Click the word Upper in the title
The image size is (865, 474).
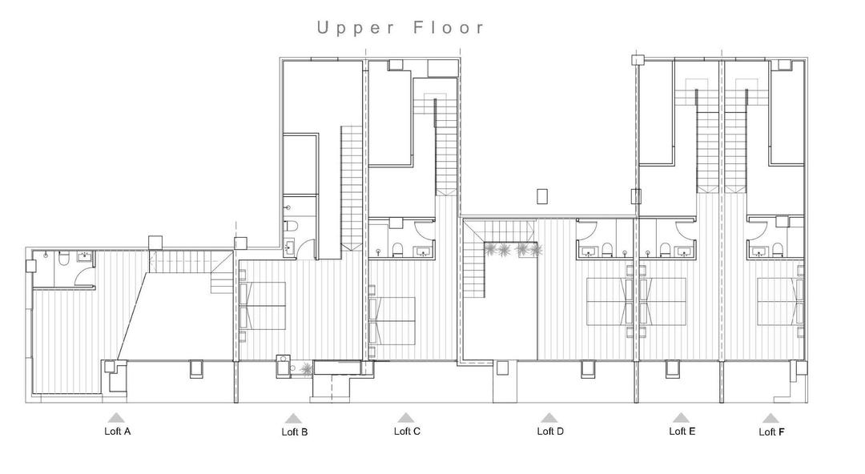pyautogui.click(x=356, y=28)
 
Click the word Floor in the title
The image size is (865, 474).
pyautogui.click(x=449, y=28)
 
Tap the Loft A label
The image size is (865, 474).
pyautogui.click(x=117, y=432)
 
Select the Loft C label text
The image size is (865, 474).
pyautogui.click(x=407, y=431)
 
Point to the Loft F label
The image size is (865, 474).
pyautogui.click(x=771, y=432)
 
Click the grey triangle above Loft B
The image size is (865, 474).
pyautogui.click(x=293, y=418)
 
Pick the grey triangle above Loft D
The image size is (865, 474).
pyautogui.click(x=549, y=417)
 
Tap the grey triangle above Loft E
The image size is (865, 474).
pyautogui.click(x=681, y=417)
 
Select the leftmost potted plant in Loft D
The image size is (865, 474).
pyautogui.click(x=488, y=250)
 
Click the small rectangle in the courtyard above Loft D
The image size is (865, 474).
pyautogui.click(x=542, y=195)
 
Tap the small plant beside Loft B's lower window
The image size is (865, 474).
pyautogui.click(x=305, y=368)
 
